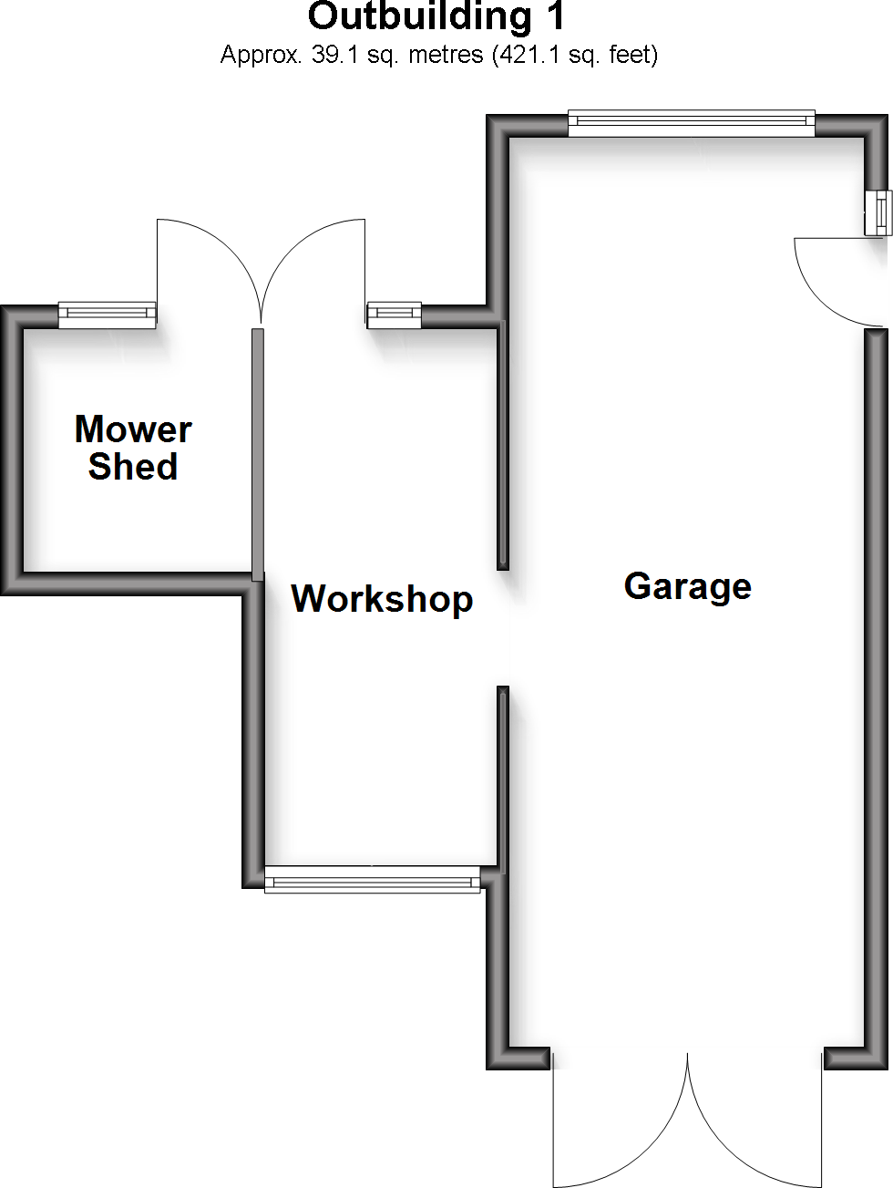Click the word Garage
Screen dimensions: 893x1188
tap(687, 586)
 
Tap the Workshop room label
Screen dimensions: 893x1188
tap(382, 599)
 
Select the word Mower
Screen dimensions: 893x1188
tap(133, 429)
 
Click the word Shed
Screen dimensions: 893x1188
tap(133, 466)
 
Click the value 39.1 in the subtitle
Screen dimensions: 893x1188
tap(334, 55)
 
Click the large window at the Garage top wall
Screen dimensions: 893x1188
tap(692, 123)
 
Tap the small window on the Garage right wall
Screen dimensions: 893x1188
tap(878, 212)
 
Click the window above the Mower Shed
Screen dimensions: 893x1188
tap(108, 315)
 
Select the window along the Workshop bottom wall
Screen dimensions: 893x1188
tap(372, 879)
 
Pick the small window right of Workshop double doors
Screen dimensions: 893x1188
tap(394, 315)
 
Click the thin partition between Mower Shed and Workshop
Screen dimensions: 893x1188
tap(258, 455)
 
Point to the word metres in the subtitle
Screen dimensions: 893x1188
tap(446, 55)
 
